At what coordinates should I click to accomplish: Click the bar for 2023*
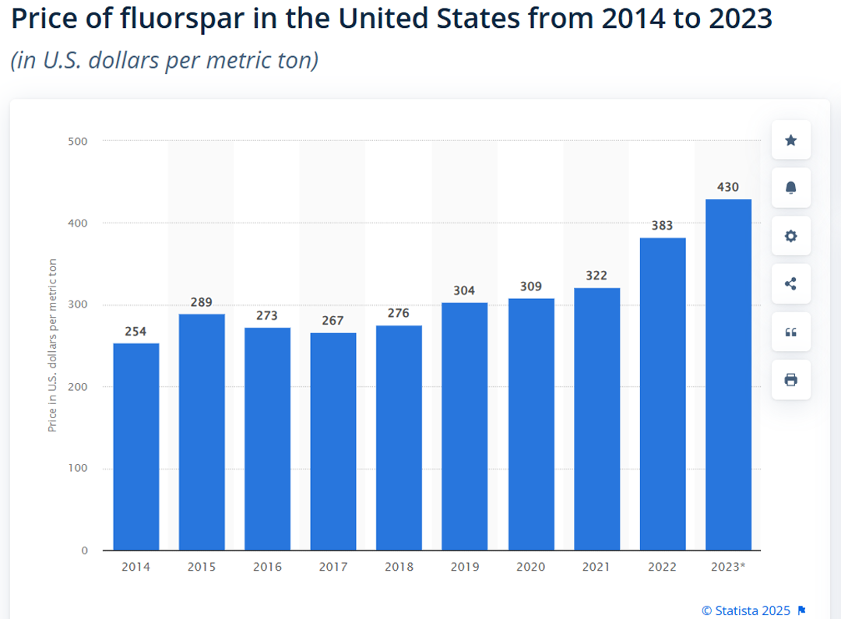[728, 375]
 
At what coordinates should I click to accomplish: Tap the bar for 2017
[333, 441]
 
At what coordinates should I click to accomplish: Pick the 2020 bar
[531, 424]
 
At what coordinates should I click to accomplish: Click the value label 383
[663, 225]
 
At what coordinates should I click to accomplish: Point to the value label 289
[202, 302]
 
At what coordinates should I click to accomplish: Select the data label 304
[465, 290]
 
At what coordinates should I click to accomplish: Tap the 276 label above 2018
[399, 313]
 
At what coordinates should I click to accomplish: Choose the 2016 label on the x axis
[267, 567]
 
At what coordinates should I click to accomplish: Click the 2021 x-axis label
[596, 567]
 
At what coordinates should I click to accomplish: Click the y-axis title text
[53, 346]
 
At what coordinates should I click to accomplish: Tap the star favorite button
[790, 140]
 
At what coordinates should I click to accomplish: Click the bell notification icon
[790, 188]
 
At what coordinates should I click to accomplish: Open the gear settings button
[790, 236]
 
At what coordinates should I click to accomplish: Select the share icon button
[790, 283]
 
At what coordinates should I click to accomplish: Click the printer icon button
[790, 380]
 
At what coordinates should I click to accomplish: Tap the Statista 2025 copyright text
[746, 610]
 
